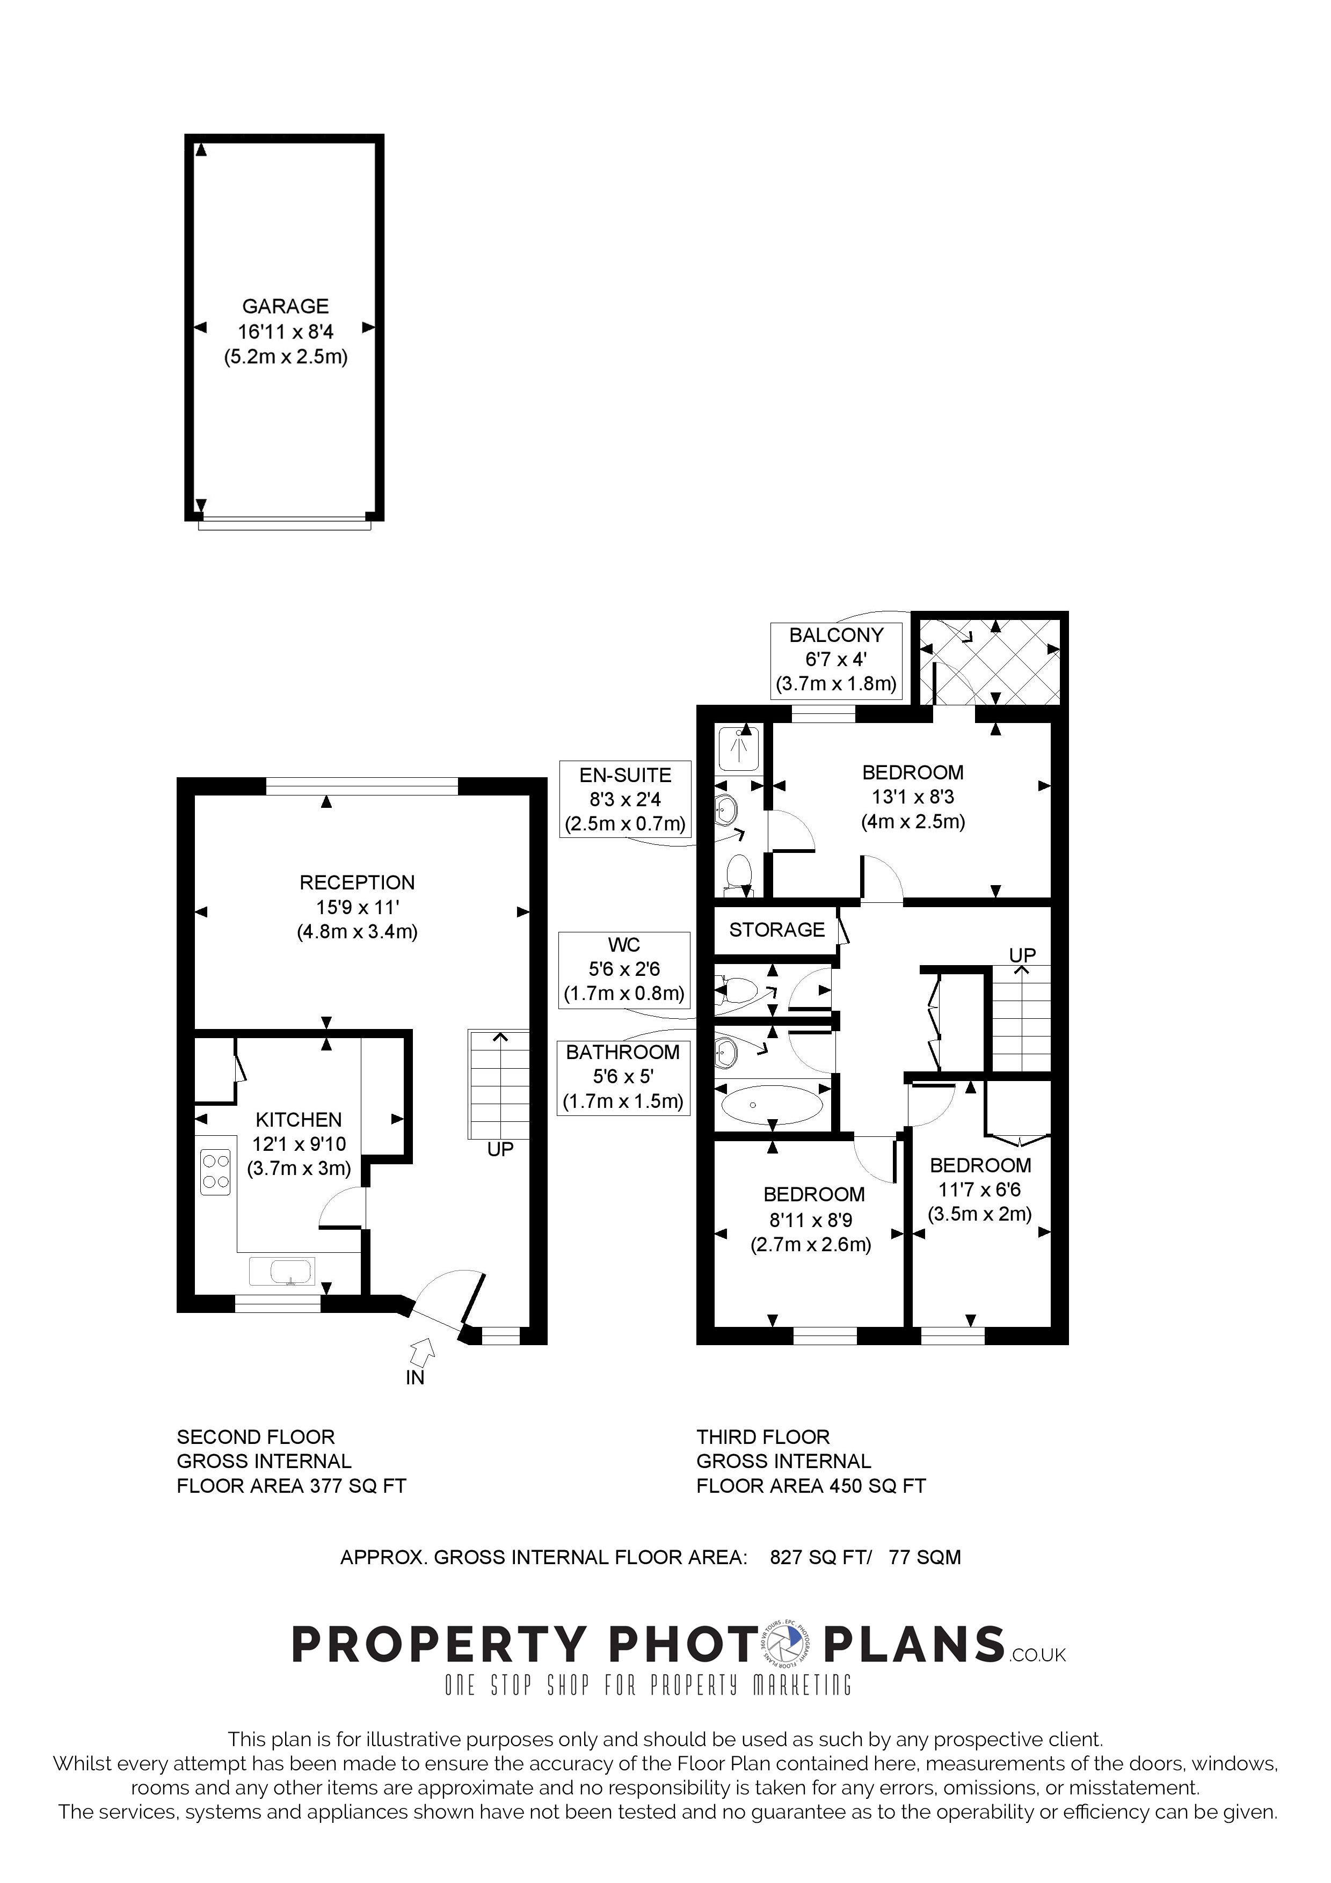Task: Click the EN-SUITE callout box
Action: [625, 799]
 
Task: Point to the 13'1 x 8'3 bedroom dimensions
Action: [913, 797]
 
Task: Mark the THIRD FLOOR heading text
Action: [762, 1437]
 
